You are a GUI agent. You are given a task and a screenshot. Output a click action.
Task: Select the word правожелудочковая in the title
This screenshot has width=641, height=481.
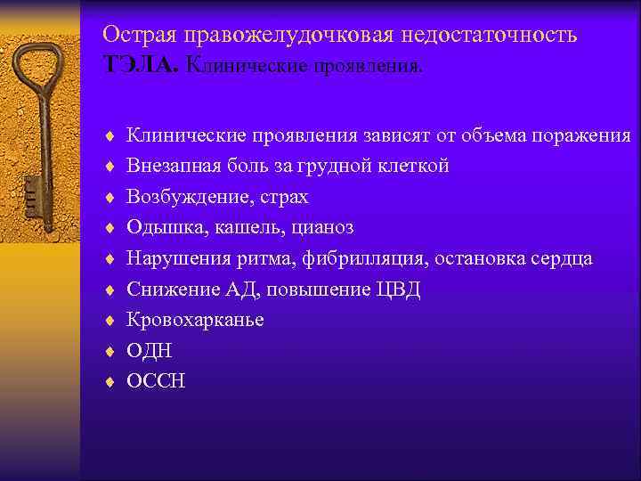click(285, 35)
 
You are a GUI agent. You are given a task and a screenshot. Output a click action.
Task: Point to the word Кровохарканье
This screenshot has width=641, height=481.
click(195, 320)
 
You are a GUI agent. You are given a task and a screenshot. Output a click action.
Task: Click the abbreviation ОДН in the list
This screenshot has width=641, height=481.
click(150, 351)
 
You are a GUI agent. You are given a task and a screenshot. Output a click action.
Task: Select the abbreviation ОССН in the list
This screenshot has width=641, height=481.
click(157, 381)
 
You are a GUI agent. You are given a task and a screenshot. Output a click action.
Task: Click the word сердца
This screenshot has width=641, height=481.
click(562, 258)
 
